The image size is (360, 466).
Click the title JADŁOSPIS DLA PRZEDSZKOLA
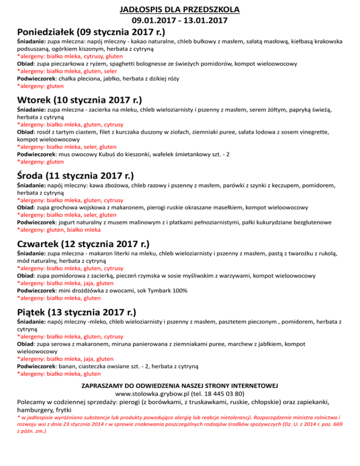tap(180, 9)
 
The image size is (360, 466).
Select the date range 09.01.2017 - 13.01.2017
tap(180, 21)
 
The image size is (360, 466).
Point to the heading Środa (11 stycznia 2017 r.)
tap(75, 176)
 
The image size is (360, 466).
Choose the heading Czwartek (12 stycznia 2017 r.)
tap(83, 244)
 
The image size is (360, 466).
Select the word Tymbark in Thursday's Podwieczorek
tap(152, 291)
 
